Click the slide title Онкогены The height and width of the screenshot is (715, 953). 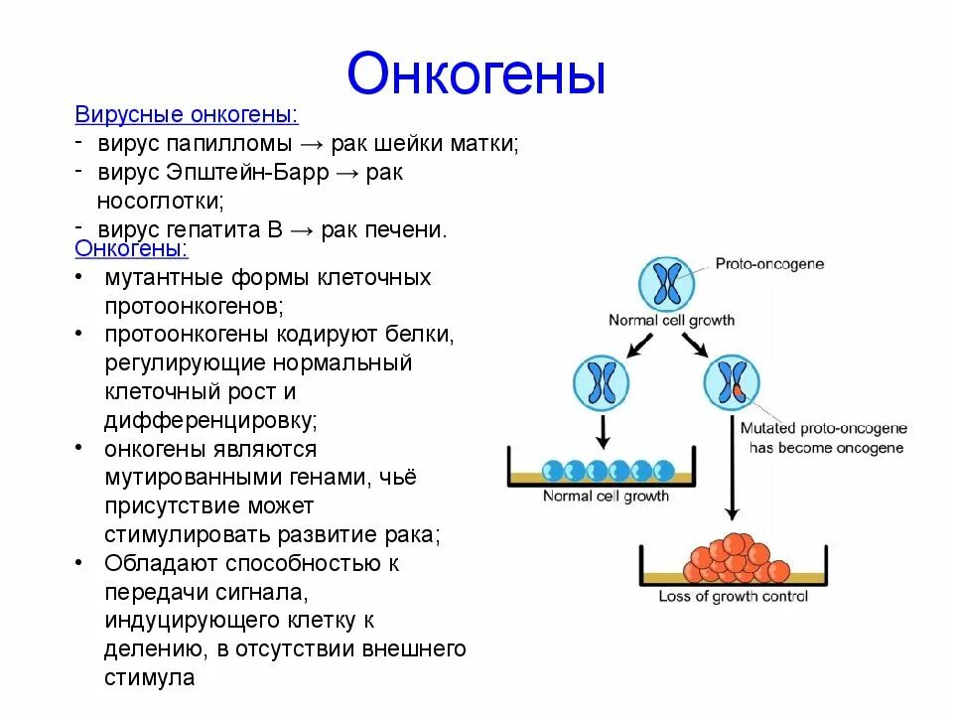[476, 74]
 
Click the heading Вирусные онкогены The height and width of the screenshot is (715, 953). [186, 115]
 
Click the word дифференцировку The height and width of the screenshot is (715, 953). [210, 420]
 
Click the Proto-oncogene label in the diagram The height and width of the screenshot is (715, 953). [769, 264]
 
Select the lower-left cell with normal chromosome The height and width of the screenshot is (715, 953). [602, 383]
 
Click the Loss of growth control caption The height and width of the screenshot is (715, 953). [733, 596]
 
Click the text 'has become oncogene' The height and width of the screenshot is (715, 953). [826, 448]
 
